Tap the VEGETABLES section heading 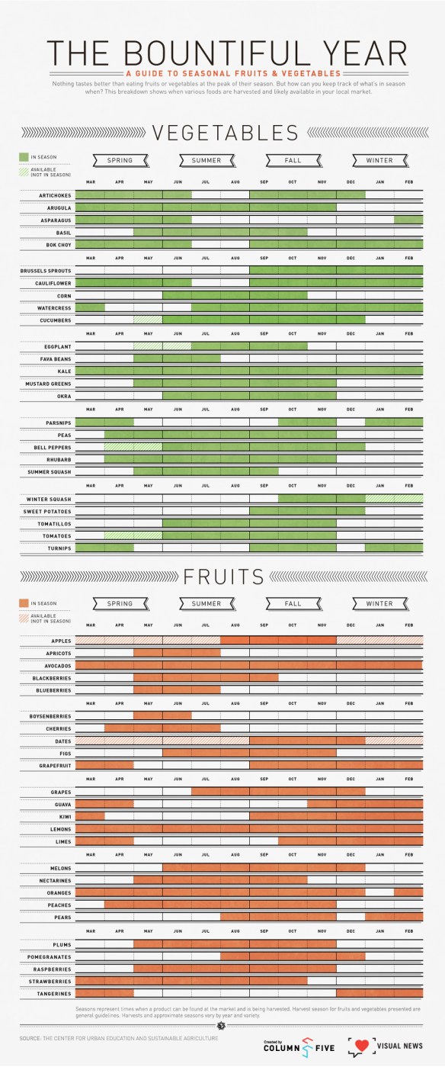point(225,133)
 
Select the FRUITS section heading point(223,576)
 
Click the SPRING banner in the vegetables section point(120,160)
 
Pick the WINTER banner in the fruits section point(379,603)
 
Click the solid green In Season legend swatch point(24,157)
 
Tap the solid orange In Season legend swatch point(24,603)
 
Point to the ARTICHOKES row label point(55,195)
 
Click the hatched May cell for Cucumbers point(148,320)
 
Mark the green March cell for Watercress point(90,308)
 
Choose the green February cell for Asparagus point(408,220)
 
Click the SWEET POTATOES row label point(48,512)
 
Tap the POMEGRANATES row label point(50,957)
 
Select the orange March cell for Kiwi point(90,817)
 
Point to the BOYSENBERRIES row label point(49,716)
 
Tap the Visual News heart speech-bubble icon point(360,1045)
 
